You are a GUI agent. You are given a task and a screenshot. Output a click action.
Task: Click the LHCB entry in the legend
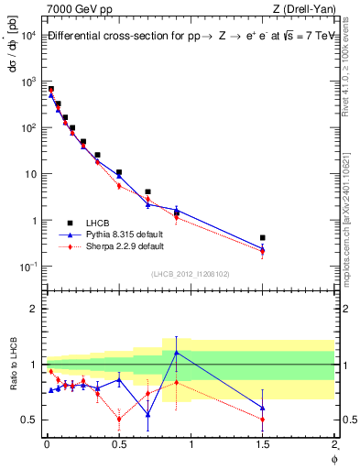98,223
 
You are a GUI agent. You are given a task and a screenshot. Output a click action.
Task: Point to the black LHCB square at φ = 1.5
263,237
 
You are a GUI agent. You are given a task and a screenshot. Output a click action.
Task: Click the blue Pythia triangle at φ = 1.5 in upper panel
263,247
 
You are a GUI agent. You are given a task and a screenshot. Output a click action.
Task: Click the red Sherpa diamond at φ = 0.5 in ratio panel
119,420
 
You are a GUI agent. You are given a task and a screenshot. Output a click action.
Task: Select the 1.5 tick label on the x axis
263,445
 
